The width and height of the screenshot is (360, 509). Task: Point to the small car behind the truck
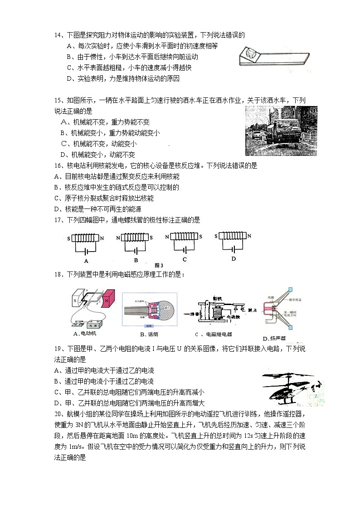(256, 135)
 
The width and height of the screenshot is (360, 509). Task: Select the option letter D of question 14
(69, 78)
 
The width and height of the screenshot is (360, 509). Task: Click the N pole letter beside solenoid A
(102, 238)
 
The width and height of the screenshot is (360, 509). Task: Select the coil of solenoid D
(233, 236)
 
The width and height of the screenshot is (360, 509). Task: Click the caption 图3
(159, 265)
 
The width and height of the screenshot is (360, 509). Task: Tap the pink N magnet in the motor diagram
(109, 301)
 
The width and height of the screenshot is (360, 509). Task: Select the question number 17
(58, 220)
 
